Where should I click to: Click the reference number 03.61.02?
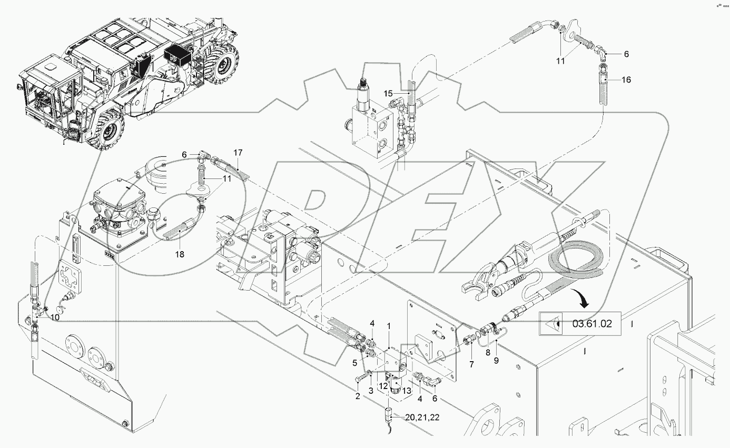pos(592,324)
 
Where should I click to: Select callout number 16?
pos(626,80)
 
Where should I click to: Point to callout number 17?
pos(238,153)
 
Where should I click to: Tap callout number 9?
pos(496,361)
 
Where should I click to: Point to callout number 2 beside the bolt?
pos(358,396)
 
